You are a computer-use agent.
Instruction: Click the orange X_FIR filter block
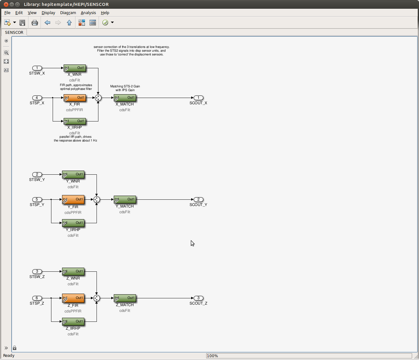tap(75, 98)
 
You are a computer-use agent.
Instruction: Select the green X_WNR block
tap(75, 68)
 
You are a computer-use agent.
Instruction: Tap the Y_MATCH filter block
tap(125, 199)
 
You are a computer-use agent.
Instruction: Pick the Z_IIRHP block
tap(73, 321)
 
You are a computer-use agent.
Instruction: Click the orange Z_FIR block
tap(73, 298)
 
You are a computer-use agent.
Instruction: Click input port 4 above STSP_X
tap(37, 98)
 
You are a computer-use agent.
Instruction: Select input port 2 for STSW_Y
tap(37, 174)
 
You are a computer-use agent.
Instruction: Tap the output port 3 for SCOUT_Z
tap(198, 298)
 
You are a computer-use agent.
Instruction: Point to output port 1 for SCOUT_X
tap(198, 98)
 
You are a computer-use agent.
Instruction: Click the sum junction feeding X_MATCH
tap(98, 98)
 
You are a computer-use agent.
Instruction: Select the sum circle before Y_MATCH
tap(97, 199)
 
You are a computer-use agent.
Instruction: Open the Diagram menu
tap(68, 13)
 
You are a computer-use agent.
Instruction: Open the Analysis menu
tap(88, 13)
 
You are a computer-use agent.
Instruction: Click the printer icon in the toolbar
tap(35, 23)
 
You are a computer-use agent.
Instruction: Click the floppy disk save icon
tap(22, 23)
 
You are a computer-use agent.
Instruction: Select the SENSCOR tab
tap(14, 32)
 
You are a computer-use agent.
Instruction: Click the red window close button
tap(6, 4)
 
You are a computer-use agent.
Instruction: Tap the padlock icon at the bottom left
tap(15, 348)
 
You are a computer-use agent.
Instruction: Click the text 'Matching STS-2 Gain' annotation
tap(125, 86)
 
